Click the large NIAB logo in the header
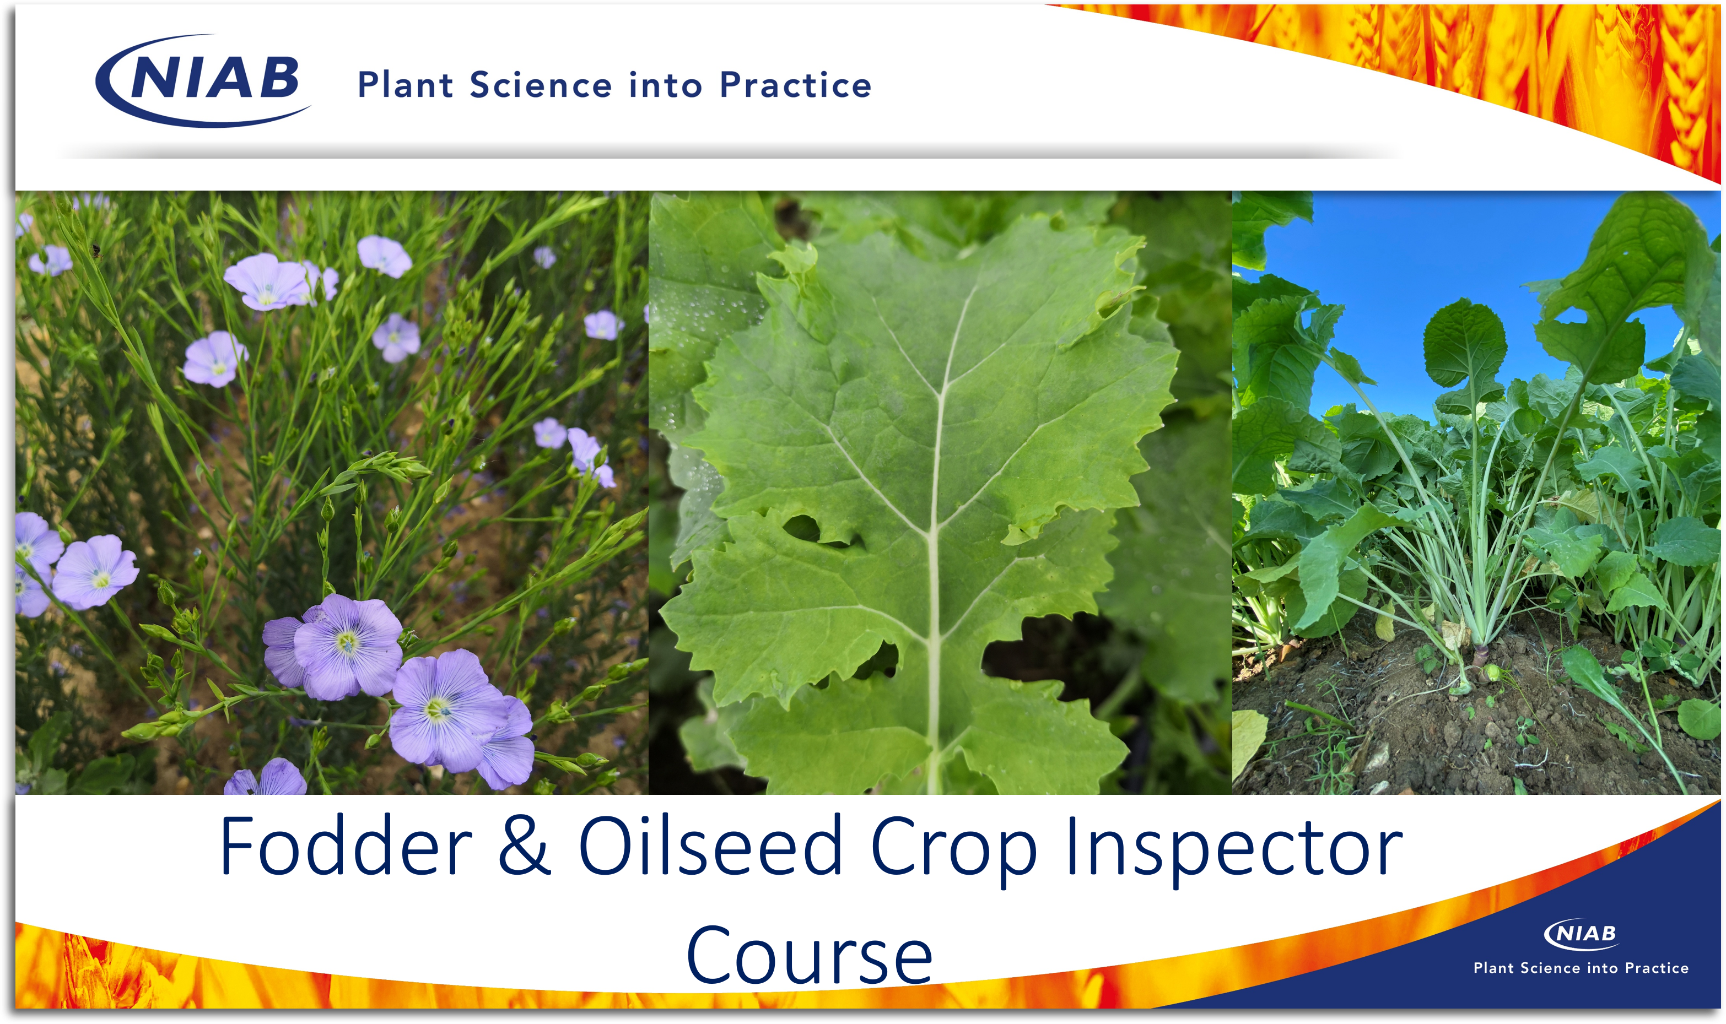[x=203, y=81]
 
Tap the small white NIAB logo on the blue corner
[x=1581, y=934]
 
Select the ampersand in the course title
[x=525, y=846]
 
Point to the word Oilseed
[x=711, y=846]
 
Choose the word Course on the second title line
[x=810, y=956]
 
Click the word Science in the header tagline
[x=541, y=85]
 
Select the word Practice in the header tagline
[x=796, y=85]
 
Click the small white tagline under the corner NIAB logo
[x=1581, y=968]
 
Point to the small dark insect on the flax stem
[x=96, y=251]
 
